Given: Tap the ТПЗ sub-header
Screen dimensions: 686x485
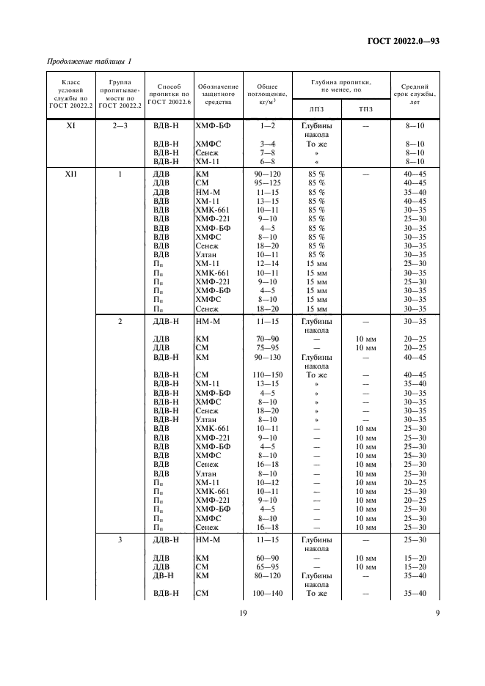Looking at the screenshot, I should pyautogui.click(x=365, y=109).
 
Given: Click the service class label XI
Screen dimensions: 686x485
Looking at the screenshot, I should pyautogui.click(x=71, y=126).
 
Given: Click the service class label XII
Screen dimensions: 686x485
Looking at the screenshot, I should pyautogui.click(x=71, y=174).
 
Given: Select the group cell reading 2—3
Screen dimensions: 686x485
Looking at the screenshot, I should pyautogui.click(x=120, y=126).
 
